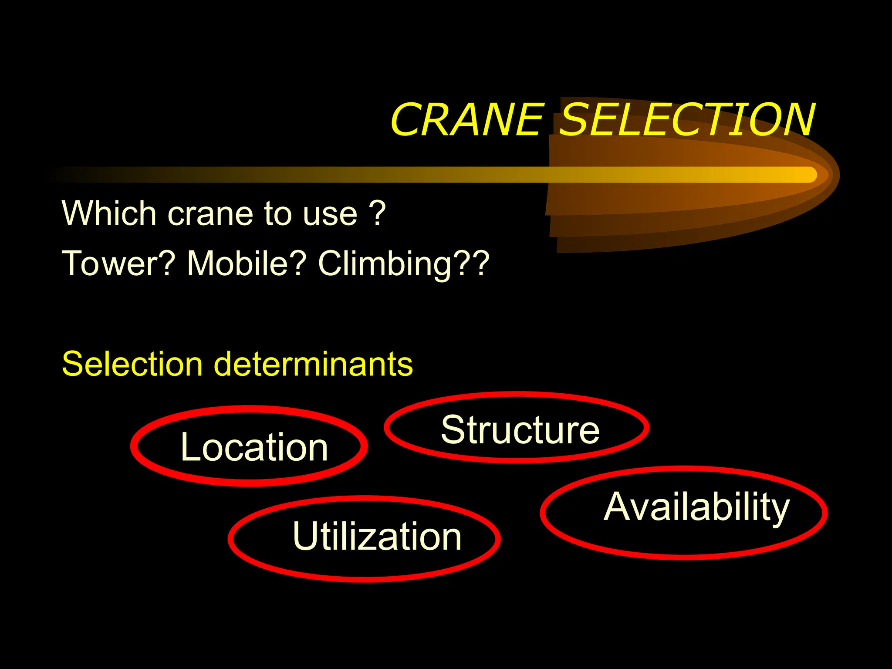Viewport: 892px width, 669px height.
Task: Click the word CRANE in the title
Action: tap(467, 119)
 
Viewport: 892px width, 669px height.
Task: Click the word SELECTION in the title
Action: tap(686, 119)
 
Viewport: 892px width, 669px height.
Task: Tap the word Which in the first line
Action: tap(109, 213)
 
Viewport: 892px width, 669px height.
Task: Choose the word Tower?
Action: tap(118, 264)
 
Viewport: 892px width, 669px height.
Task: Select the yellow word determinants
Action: tap(314, 364)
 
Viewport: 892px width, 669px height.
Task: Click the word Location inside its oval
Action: tap(254, 447)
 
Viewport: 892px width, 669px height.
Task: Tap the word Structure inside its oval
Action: tap(520, 430)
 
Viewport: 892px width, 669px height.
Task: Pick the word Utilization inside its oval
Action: tap(377, 536)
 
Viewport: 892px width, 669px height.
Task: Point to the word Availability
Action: tap(696, 507)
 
